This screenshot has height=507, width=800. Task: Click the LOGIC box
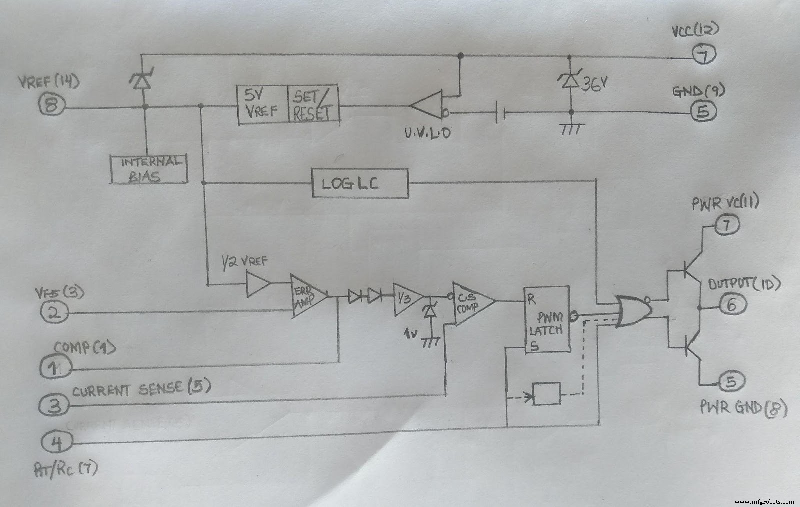tap(360, 183)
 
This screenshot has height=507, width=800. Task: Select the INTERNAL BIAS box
tap(148, 169)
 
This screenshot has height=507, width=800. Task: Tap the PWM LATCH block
tap(546, 320)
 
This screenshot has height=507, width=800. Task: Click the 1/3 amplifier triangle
tap(406, 299)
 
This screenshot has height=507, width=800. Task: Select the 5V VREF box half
tap(262, 104)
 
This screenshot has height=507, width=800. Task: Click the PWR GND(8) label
tap(743, 409)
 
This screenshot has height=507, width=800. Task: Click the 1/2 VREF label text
tap(245, 261)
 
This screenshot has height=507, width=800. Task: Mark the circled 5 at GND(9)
tap(703, 111)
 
